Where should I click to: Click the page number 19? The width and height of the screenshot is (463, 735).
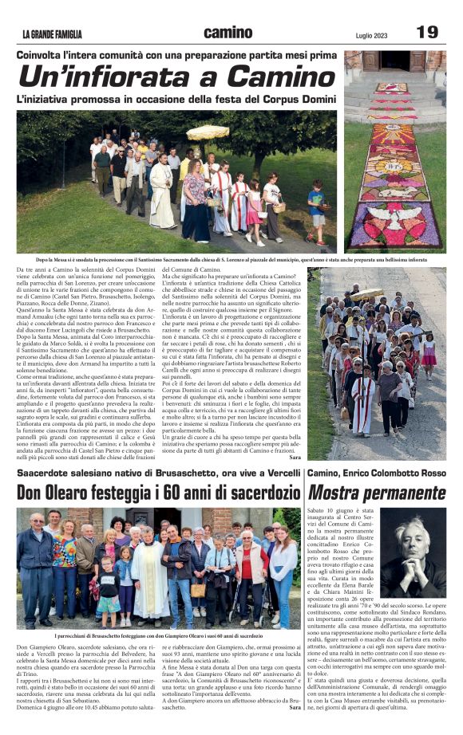(426, 32)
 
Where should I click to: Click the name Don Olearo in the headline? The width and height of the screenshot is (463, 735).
(55, 492)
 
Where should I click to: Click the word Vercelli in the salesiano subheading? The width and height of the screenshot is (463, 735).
(279, 473)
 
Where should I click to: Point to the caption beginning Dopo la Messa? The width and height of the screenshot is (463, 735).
(231, 260)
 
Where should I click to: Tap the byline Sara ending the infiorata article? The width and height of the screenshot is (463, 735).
(295, 457)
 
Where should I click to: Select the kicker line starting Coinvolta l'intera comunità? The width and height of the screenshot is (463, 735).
(176, 55)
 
